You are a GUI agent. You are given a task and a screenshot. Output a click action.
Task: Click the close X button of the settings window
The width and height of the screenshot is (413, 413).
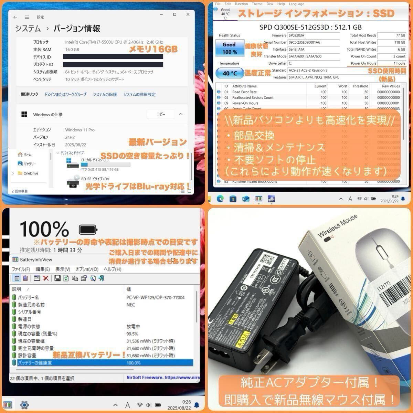[x=188, y=14]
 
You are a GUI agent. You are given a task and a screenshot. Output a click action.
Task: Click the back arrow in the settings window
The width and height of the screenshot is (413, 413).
[x=15, y=17]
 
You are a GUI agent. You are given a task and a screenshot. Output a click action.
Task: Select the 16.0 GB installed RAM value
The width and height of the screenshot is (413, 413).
[x=72, y=50]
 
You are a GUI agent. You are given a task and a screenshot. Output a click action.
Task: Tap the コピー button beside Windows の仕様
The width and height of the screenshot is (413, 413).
[x=161, y=114]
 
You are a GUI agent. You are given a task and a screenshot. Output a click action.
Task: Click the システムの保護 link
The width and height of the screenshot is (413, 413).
[x=105, y=95]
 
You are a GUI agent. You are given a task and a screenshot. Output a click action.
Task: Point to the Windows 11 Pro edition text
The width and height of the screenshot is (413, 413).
[x=80, y=130]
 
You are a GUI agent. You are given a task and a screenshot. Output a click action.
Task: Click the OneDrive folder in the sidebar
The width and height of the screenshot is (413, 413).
[x=30, y=173]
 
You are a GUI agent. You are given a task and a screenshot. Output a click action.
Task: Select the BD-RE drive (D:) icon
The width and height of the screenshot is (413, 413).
[x=73, y=181]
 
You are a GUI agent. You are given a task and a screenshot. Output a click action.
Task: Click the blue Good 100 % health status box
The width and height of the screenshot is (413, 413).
[x=229, y=48]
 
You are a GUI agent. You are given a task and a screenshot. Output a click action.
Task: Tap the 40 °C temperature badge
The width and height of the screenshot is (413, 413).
[x=229, y=73]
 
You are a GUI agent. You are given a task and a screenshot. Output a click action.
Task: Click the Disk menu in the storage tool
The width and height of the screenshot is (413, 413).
[x=270, y=4]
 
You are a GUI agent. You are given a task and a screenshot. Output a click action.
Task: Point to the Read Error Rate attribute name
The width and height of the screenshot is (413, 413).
[x=244, y=92]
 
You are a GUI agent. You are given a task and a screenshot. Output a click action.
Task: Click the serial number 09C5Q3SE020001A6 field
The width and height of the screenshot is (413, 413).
[x=304, y=42]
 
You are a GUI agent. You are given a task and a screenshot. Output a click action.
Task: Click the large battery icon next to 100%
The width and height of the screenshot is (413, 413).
[x=88, y=229]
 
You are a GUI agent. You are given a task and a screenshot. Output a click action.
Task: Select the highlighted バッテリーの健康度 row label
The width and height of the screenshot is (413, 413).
[x=35, y=363]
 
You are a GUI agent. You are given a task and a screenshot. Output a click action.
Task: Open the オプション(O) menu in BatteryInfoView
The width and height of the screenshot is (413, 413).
[x=87, y=269]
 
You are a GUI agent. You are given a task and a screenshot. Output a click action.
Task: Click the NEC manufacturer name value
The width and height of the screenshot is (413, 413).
[x=131, y=305]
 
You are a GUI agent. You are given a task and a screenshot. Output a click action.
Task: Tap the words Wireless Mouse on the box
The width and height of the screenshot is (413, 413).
[x=337, y=225]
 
